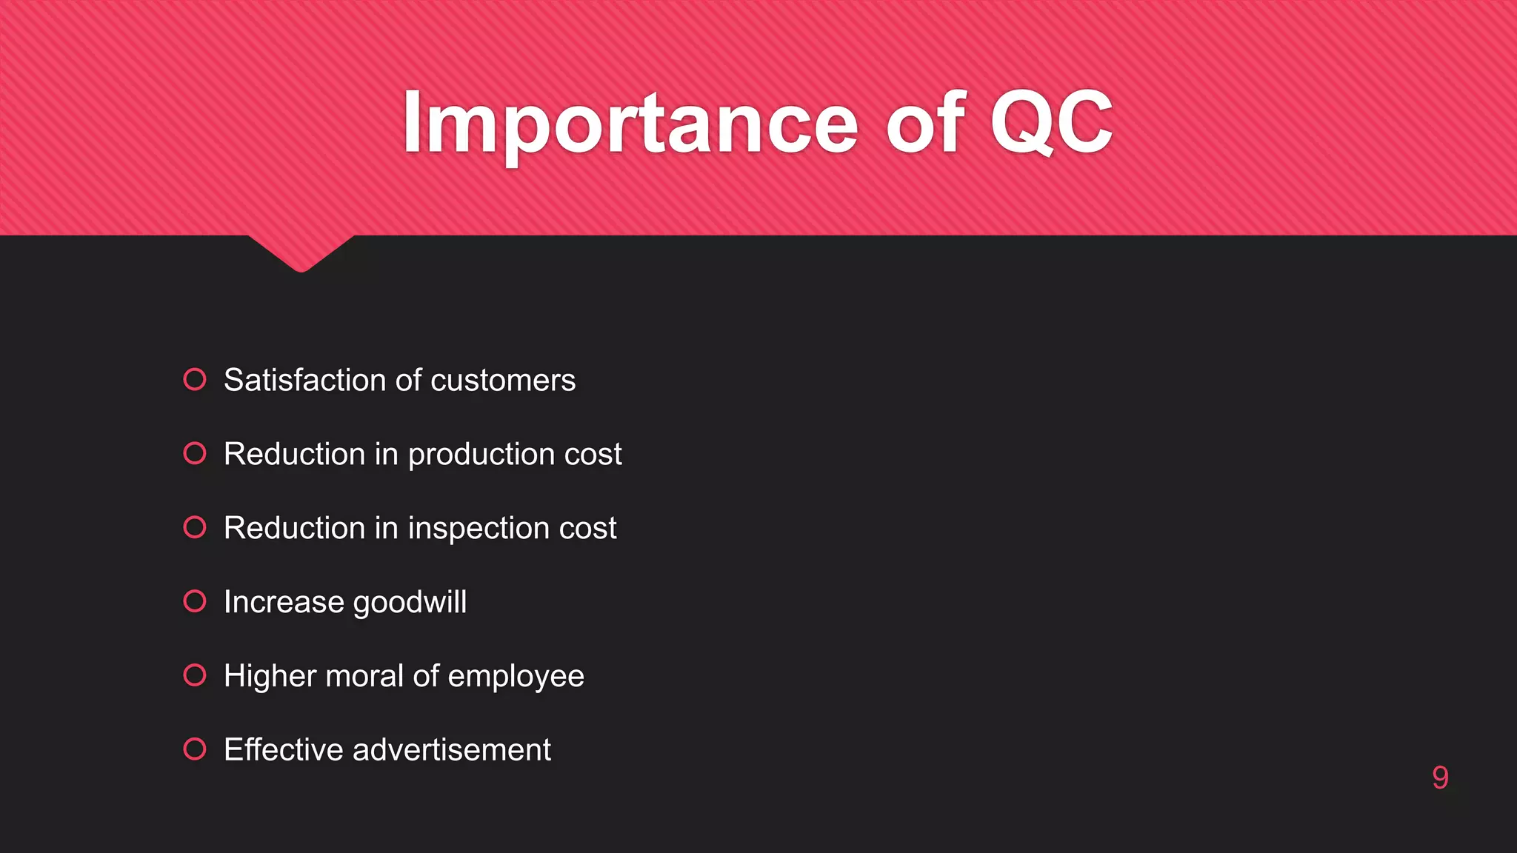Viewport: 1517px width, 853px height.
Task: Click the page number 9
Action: (x=1440, y=777)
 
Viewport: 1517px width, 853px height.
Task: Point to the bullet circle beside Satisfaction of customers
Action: (x=195, y=379)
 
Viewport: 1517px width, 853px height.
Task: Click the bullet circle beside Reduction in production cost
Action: (x=195, y=453)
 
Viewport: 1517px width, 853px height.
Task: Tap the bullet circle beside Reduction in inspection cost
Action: (x=195, y=527)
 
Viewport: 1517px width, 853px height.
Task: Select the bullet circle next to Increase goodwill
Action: (x=195, y=601)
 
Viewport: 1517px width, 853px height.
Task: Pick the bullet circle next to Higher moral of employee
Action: (x=195, y=675)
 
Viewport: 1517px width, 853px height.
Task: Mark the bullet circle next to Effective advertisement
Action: (x=195, y=749)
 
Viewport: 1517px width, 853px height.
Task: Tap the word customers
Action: (x=503, y=380)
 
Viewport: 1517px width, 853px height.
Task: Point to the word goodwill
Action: (x=410, y=603)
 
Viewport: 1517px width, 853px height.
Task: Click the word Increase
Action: (x=284, y=602)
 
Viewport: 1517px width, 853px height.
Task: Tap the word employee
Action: (x=516, y=677)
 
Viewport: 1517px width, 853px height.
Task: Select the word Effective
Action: (x=284, y=750)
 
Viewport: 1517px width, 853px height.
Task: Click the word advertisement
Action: (x=452, y=750)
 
